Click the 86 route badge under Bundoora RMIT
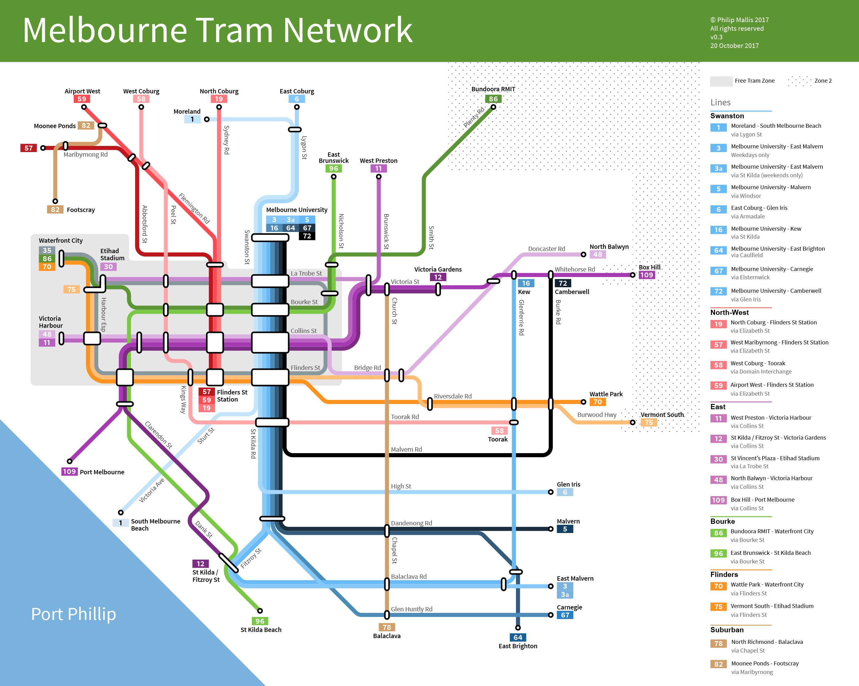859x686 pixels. click(x=493, y=99)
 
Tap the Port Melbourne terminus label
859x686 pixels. click(x=102, y=472)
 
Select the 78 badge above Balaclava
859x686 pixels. click(x=386, y=627)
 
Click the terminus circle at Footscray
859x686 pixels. click(x=55, y=201)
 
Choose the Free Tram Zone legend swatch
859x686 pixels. click(x=721, y=81)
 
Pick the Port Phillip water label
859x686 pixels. click(x=73, y=614)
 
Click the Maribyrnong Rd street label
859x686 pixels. click(x=85, y=155)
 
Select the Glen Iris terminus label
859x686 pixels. click(x=568, y=484)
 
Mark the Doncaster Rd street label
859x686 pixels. click(x=546, y=249)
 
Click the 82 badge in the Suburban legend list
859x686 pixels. click(x=718, y=664)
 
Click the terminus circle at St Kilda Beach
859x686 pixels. click(x=260, y=611)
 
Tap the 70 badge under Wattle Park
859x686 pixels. click(x=598, y=402)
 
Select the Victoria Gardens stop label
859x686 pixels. click(x=438, y=269)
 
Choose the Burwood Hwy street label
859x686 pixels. click(x=596, y=414)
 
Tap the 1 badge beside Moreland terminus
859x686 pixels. click(x=192, y=119)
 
